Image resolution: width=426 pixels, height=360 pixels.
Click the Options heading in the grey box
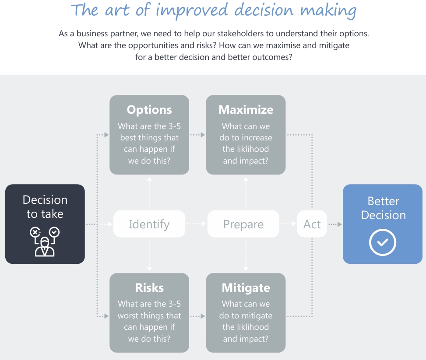tap(149, 110)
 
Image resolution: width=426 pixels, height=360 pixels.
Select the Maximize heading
tap(246, 110)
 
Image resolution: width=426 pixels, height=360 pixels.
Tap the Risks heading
tap(149, 288)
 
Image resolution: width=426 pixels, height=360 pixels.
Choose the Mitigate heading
tap(246, 288)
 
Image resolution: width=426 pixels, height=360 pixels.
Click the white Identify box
tap(149, 224)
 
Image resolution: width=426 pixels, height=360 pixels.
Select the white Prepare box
tap(243, 224)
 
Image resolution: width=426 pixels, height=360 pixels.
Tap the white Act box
tap(312, 224)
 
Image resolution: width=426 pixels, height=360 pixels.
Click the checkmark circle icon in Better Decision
tap(382, 242)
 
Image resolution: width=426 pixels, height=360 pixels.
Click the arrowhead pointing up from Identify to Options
tap(149, 178)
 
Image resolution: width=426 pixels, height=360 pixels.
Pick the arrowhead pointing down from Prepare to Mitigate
tap(246, 269)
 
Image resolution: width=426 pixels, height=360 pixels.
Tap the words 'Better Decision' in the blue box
tap(383, 208)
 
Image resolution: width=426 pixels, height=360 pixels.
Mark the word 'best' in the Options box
tap(128, 138)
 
